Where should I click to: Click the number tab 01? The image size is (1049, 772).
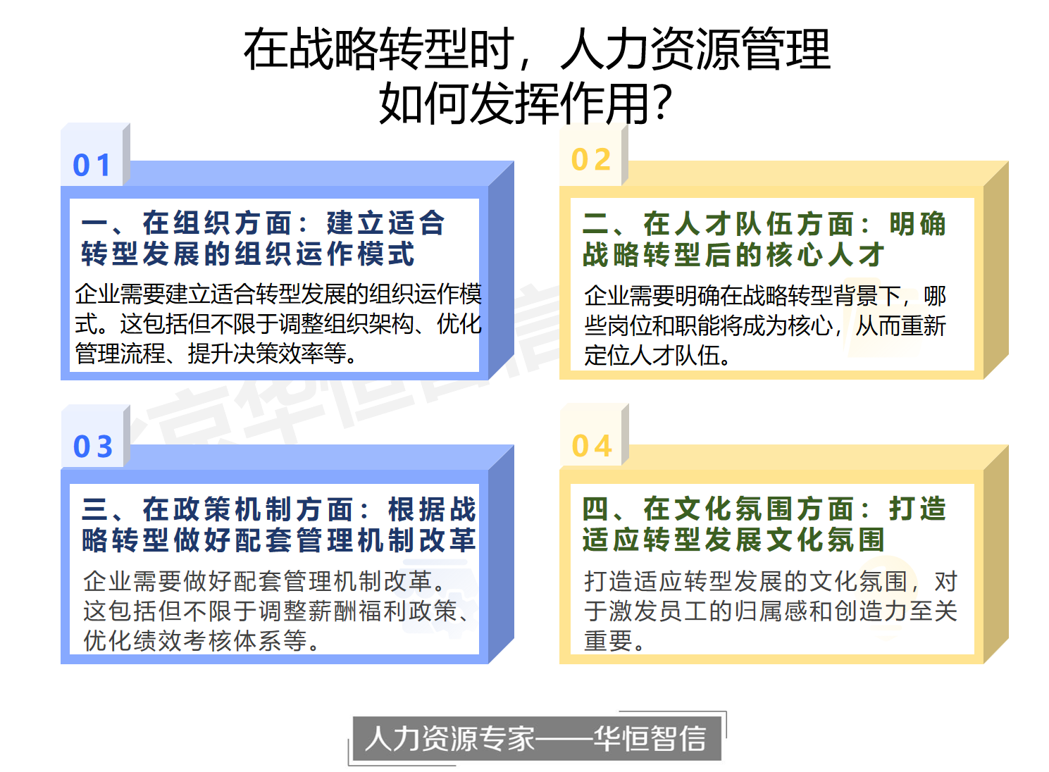pos(92,166)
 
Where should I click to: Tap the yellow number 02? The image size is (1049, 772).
pos(591,160)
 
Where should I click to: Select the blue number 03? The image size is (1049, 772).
pos(93,447)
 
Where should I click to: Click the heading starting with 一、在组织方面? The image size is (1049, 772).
pos(262,239)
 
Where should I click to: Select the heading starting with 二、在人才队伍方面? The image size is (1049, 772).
pos(764,239)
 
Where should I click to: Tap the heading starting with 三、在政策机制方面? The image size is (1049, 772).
pos(279,524)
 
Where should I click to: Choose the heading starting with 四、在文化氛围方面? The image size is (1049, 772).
pos(764,524)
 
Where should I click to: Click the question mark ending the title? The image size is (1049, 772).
pos(663,103)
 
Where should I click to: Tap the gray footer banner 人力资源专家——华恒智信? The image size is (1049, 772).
pos(536,738)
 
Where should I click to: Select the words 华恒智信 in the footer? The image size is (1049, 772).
pos(650,738)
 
